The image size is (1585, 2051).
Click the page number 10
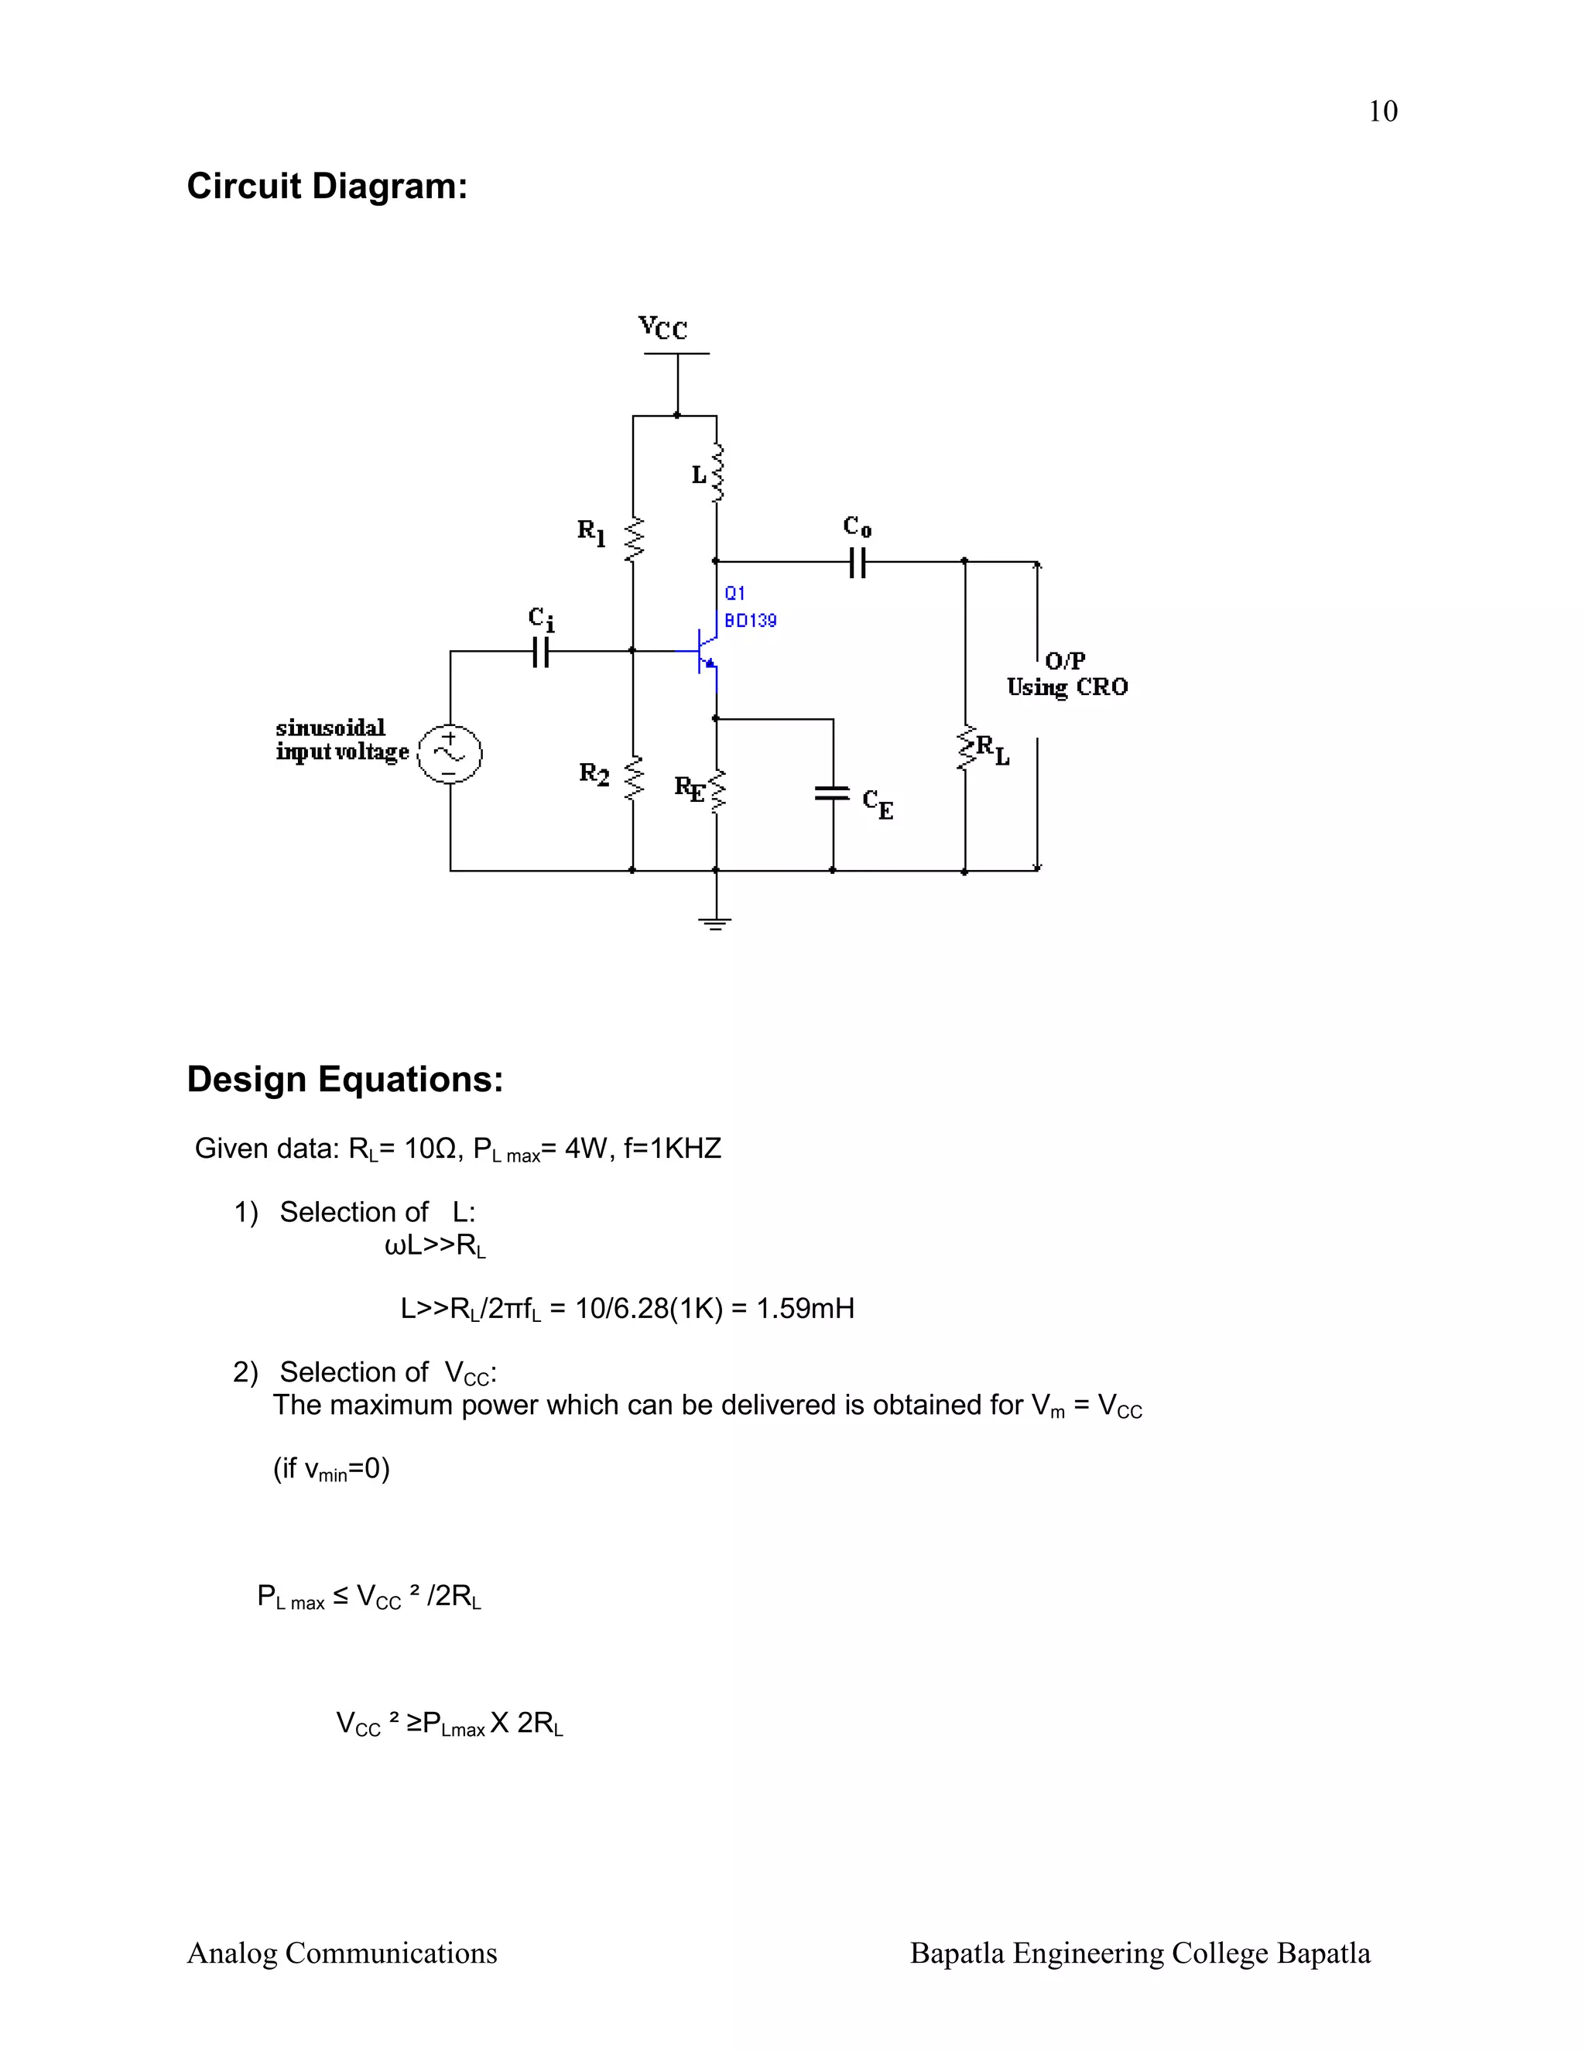tap(1382, 111)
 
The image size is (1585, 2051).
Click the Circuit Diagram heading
tap(327, 186)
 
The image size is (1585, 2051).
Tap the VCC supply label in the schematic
tap(663, 327)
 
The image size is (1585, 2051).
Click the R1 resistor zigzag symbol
tap(634, 539)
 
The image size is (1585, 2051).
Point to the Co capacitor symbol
tap(857, 563)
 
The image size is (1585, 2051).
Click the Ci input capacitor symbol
tap(540, 651)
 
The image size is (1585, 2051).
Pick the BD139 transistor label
tap(750, 621)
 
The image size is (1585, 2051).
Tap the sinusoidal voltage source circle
tap(450, 753)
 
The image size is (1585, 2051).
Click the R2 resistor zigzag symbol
tap(634, 778)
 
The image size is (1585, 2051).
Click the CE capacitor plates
tap(833, 793)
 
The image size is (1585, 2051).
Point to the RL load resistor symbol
tap(965, 749)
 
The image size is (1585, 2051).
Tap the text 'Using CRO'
tap(1066, 687)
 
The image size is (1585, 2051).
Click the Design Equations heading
tap(344, 1079)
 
